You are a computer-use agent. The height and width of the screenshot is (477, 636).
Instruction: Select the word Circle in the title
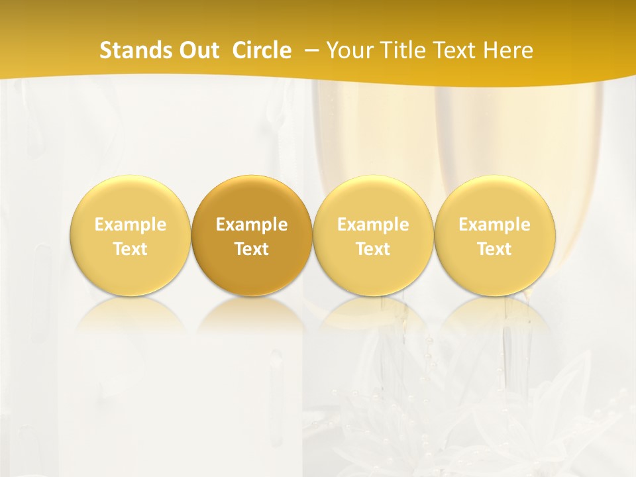tap(262, 50)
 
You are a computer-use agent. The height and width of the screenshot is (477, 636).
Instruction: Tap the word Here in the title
tap(509, 50)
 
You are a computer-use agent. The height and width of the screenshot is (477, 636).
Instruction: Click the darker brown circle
tap(252, 199)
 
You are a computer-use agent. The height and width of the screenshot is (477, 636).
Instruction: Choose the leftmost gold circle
tap(130, 199)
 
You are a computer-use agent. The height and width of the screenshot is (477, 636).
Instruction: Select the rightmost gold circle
tap(495, 199)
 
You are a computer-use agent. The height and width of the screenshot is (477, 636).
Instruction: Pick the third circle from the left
tap(373, 199)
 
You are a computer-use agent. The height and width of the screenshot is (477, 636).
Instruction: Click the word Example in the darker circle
tap(252, 225)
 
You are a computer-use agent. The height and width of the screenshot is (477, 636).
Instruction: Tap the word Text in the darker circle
tap(252, 249)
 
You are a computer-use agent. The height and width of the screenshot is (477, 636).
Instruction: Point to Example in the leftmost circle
tap(130, 225)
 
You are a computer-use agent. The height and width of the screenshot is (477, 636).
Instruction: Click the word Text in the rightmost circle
tap(495, 249)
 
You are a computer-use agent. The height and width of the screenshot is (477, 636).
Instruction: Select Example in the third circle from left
tap(373, 225)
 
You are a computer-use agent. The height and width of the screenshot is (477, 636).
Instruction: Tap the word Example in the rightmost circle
tap(495, 225)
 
